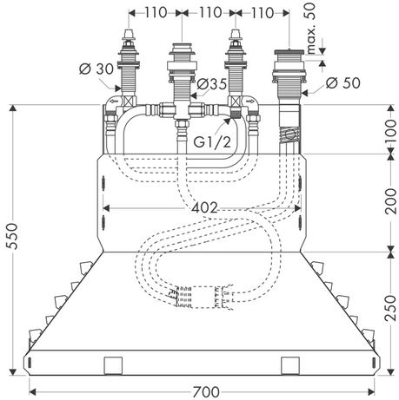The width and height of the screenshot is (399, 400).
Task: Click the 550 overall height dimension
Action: [13, 236]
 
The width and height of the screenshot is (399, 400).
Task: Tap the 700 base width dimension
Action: [206, 392]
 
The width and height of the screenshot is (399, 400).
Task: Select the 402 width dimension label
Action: [204, 207]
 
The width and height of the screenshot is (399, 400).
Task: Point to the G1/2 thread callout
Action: [212, 141]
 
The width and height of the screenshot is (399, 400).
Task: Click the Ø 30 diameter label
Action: [96, 69]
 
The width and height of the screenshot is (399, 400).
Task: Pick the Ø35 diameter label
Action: [211, 84]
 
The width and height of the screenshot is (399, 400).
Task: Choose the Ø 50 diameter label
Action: [342, 82]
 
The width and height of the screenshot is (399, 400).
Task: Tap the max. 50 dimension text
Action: [310, 28]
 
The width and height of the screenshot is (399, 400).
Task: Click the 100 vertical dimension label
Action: [391, 130]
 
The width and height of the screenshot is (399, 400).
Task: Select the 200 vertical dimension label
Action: [391, 201]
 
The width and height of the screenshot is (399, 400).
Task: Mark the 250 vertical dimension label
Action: [391, 308]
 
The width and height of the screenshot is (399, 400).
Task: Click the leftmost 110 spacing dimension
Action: [156, 12]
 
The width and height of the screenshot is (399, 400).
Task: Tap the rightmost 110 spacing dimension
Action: [262, 13]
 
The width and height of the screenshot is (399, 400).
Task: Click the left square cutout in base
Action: [113, 365]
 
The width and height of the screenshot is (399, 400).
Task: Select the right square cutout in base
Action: [290, 365]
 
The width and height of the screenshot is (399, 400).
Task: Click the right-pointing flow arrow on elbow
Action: [249, 102]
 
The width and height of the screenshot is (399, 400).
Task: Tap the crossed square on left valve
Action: [129, 102]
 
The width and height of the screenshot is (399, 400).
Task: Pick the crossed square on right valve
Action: [235, 102]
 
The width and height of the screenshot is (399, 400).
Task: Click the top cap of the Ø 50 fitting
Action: [289, 52]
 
